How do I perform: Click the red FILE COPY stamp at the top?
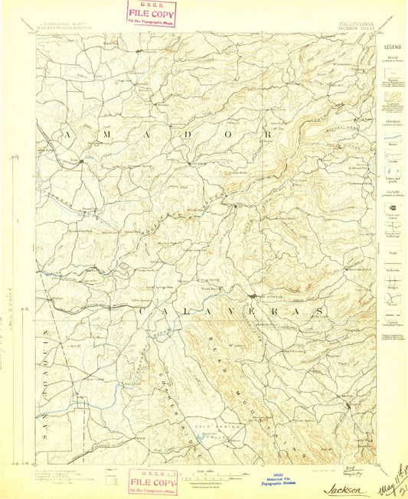tap(152, 13)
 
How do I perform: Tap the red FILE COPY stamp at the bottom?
tap(152, 481)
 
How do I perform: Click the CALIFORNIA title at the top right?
tap(357, 24)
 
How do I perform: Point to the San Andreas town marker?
tap(253, 296)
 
